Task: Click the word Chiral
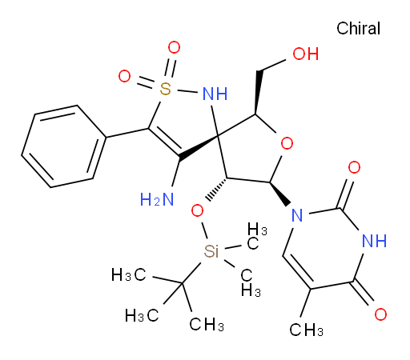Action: [x=358, y=28]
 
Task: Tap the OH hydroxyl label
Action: [x=306, y=54]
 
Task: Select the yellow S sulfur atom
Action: [x=166, y=89]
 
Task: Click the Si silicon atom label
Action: [x=211, y=251]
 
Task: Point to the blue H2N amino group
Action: [x=157, y=199]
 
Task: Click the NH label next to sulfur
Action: [x=215, y=94]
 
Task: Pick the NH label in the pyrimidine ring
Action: [x=374, y=241]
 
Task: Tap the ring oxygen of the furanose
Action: [x=287, y=143]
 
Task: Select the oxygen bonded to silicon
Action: [x=197, y=211]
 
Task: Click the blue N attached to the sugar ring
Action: [x=297, y=215]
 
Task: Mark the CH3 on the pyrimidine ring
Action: [x=307, y=330]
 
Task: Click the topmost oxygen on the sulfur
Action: [x=174, y=47]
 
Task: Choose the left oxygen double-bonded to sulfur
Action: [x=124, y=76]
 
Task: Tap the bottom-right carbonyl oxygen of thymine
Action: [x=380, y=314]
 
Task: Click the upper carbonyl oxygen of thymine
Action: [x=355, y=167]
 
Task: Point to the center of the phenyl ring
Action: [x=64, y=146]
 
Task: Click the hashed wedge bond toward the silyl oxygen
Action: [x=218, y=189]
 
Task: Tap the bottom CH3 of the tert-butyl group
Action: [x=207, y=324]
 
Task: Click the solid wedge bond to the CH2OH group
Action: [x=258, y=93]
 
